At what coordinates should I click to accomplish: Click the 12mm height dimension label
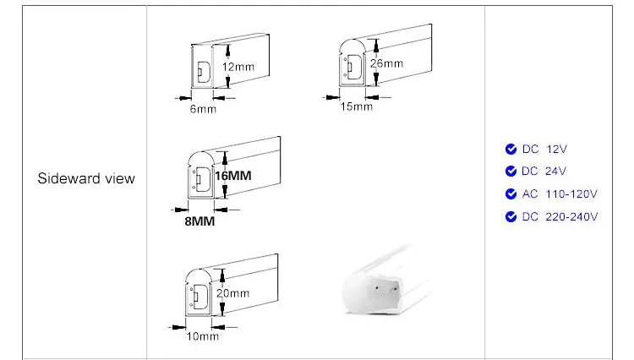(x=238, y=67)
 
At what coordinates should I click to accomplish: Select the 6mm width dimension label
(x=203, y=109)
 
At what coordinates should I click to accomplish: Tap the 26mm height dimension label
(x=386, y=63)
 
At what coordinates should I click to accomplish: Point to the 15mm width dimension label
(x=356, y=106)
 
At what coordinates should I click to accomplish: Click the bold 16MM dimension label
(x=233, y=176)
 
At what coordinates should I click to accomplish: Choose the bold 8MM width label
(x=199, y=221)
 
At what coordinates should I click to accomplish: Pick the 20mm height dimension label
(x=233, y=293)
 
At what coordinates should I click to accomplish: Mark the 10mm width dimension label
(x=203, y=336)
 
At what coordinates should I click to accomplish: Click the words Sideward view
(x=86, y=178)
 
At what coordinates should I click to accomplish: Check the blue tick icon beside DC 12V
(x=511, y=149)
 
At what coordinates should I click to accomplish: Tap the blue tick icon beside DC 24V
(x=511, y=172)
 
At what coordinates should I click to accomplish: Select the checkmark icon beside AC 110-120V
(x=511, y=194)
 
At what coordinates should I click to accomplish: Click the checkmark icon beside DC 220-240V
(x=511, y=216)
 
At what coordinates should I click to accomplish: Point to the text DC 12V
(x=544, y=149)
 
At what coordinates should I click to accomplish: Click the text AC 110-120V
(x=560, y=194)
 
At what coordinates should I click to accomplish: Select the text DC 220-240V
(x=560, y=216)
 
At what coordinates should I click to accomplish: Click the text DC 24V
(x=544, y=172)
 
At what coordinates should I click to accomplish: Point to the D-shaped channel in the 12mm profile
(x=203, y=72)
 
